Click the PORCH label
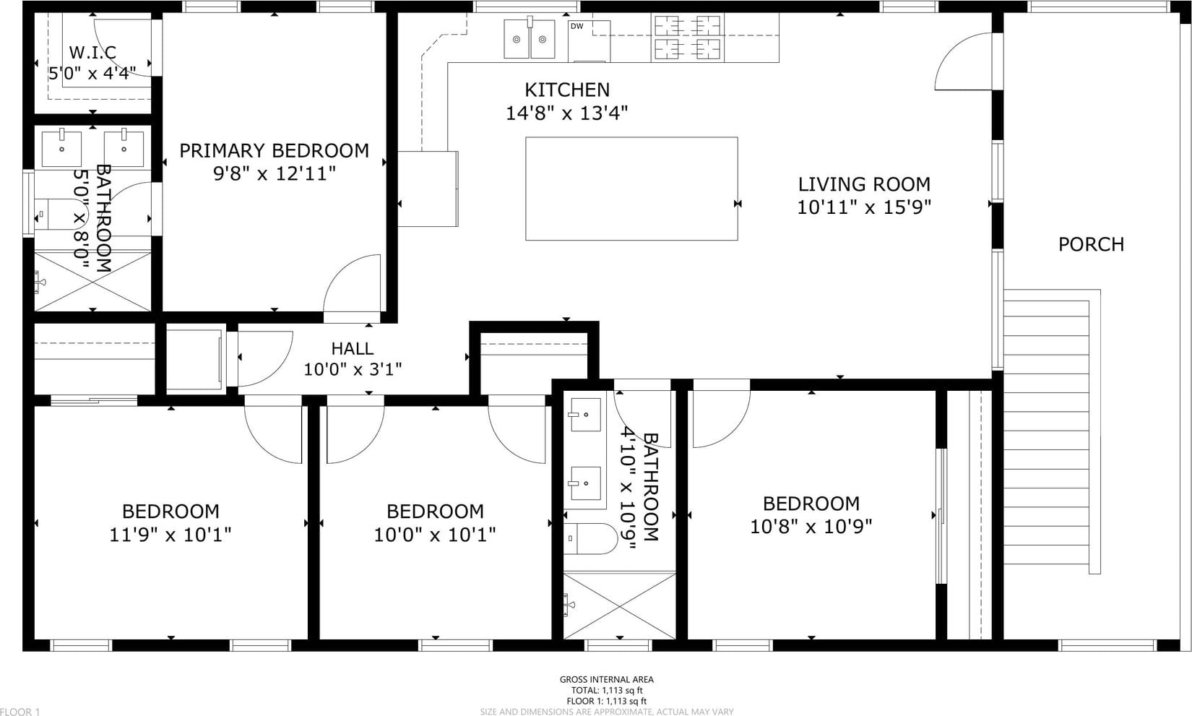point(1091,244)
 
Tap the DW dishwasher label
point(576,26)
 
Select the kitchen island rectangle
point(631,189)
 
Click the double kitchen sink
point(530,39)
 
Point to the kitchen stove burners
point(688,38)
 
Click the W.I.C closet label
point(92,52)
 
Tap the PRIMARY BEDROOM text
point(274,151)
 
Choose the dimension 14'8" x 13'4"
point(566,113)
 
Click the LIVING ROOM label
point(864,184)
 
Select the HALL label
point(353,349)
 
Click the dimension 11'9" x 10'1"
point(170,534)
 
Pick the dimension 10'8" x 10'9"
point(811,527)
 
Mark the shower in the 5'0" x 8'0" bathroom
point(92,282)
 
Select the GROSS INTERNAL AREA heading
point(607,679)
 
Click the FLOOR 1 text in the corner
point(20,712)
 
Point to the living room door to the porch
point(963,61)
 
